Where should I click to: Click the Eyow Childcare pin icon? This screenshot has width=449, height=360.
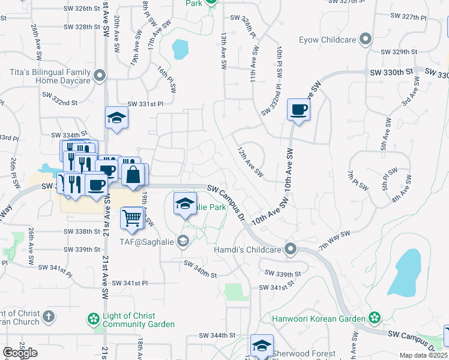[x=365, y=40]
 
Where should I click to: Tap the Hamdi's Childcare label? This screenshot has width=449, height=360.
[x=248, y=248]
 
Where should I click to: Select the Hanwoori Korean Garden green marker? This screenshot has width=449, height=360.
[x=375, y=317]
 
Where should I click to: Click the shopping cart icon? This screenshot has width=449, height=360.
[x=131, y=218]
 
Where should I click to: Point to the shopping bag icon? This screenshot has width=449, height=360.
[x=134, y=175]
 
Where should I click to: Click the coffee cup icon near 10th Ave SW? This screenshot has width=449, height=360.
[x=298, y=110]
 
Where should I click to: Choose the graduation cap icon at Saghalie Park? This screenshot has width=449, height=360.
[x=185, y=203]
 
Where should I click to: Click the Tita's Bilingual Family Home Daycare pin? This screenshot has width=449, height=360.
[x=100, y=76]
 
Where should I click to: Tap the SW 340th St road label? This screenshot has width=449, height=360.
[x=200, y=268]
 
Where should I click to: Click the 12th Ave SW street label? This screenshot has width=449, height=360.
[x=250, y=162]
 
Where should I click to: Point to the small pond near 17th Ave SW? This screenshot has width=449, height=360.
[x=179, y=49]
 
